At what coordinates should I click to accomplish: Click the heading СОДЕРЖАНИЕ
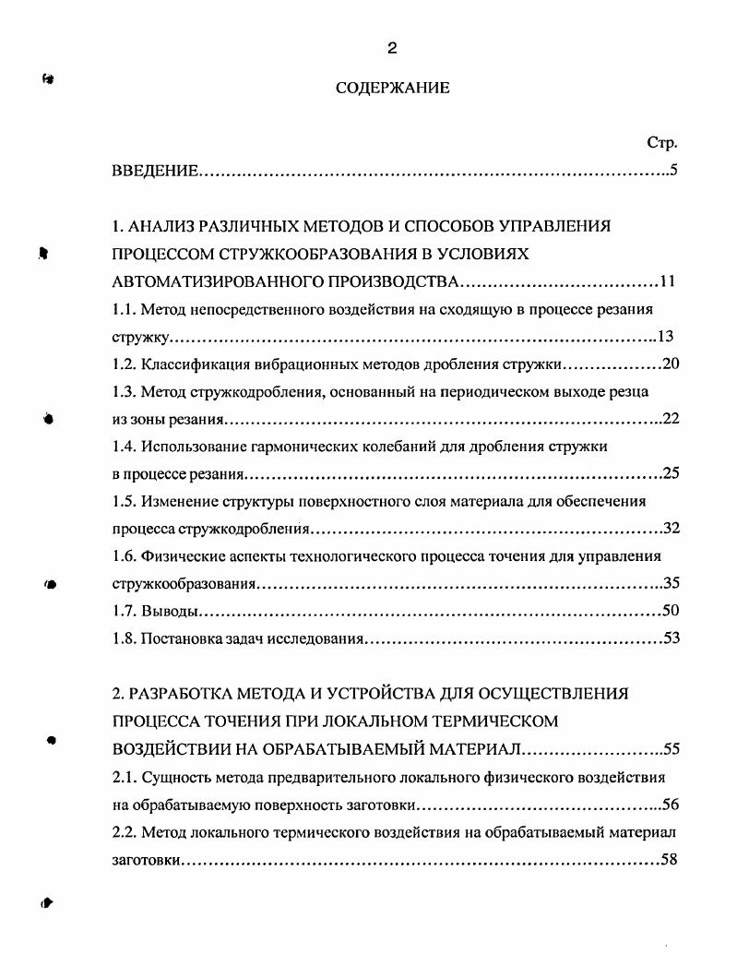(392, 89)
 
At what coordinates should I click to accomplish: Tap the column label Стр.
(662, 143)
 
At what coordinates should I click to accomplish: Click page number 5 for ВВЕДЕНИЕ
(674, 171)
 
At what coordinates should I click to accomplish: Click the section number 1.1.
(124, 309)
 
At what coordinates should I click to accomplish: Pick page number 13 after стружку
(666, 336)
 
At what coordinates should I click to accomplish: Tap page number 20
(671, 364)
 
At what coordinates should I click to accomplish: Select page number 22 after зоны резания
(671, 419)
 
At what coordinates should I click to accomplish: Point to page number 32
(671, 529)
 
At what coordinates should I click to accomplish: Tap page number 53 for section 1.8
(671, 638)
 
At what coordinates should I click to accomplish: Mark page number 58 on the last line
(671, 859)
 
